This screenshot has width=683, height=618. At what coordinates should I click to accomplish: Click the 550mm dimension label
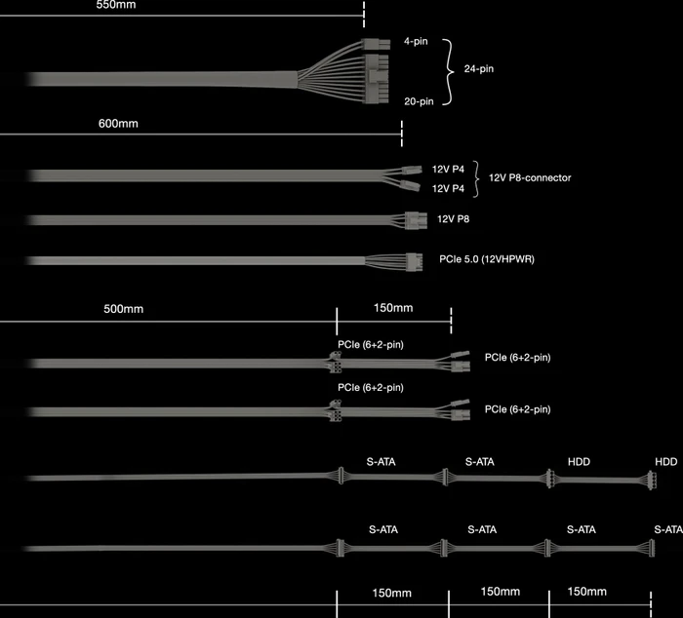click(x=116, y=5)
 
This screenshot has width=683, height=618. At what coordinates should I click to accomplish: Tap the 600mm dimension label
click(x=118, y=124)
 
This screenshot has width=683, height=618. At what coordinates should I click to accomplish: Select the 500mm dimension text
click(x=123, y=309)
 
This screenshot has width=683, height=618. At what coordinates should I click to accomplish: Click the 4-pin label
click(x=416, y=41)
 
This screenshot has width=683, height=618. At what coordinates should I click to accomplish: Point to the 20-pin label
click(x=419, y=101)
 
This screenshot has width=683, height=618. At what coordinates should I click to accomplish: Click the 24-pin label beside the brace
click(x=479, y=69)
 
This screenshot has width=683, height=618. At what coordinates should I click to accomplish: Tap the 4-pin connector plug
click(x=376, y=44)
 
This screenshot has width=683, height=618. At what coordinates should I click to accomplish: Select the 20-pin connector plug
click(x=377, y=79)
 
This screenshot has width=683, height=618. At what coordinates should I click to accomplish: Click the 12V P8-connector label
click(x=530, y=177)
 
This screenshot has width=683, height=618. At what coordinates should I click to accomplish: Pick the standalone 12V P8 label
click(x=453, y=219)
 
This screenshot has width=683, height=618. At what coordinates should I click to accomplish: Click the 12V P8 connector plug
click(x=416, y=220)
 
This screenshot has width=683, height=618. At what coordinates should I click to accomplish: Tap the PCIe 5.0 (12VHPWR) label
click(x=487, y=259)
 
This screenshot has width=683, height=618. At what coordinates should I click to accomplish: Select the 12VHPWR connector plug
click(x=415, y=262)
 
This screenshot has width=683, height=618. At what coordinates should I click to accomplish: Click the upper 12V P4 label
click(x=448, y=170)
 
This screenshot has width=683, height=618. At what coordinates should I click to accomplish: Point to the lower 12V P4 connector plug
click(x=411, y=185)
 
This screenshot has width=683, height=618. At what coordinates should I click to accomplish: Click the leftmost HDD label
click(x=579, y=462)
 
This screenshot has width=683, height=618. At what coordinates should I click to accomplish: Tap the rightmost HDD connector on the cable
click(x=652, y=480)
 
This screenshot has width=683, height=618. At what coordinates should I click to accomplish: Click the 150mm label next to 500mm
click(x=393, y=308)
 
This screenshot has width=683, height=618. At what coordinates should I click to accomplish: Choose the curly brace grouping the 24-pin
click(x=448, y=72)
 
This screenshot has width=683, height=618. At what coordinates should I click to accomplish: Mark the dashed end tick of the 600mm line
click(x=402, y=134)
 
